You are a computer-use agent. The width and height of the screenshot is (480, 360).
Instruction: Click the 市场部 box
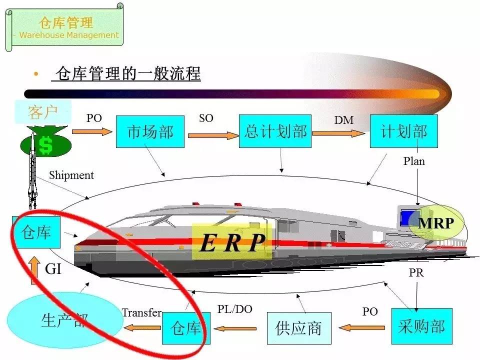coord(150,131)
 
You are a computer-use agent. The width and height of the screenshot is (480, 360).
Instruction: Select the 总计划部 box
coord(275,131)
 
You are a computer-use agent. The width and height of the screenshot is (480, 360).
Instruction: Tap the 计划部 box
coord(403,131)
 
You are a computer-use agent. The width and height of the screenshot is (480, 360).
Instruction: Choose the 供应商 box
coord(298,328)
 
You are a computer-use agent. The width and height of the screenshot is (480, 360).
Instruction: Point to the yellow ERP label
coord(232,242)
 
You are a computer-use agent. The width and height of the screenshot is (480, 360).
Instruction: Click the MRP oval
coord(435,223)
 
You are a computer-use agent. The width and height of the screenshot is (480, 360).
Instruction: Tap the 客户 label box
coord(43,111)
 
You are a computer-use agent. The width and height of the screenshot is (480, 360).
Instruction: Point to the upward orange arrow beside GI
coord(35,270)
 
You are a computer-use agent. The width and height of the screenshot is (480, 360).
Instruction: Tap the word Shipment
coord(71,175)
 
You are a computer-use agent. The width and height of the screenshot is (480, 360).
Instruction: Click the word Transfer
coord(141,313)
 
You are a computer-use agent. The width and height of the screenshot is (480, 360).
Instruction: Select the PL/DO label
coord(234,309)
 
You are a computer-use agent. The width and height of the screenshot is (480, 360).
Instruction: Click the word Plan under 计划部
coord(414,161)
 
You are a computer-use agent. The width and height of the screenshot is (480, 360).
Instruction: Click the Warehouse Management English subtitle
coord(66,35)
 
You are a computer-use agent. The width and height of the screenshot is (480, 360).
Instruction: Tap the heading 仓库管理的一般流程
coord(128,74)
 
